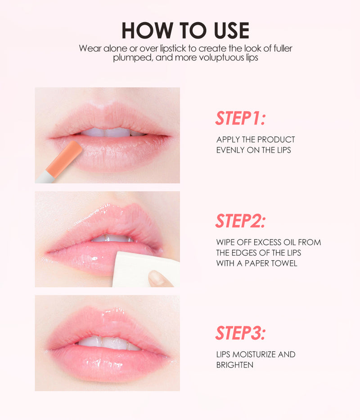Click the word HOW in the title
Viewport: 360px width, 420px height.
(x=147, y=31)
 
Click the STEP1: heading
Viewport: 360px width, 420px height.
(x=240, y=118)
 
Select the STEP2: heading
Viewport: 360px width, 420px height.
(x=240, y=221)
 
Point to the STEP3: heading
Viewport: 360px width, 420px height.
(x=240, y=333)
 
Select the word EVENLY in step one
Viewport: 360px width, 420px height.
(x=230, y=150)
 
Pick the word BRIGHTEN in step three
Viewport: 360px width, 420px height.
(x=234, y=365)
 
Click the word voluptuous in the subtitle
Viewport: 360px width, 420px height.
(x=221, y=57)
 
